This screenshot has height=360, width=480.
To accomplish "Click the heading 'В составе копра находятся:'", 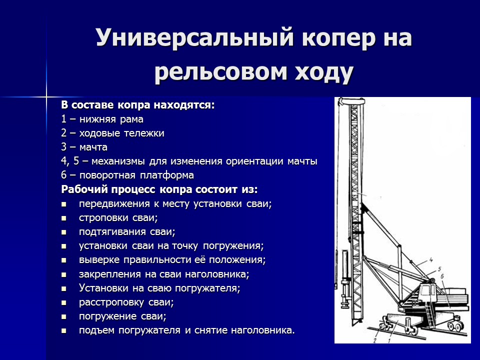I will click(138, 105).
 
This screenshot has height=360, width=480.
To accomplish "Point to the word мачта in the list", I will click(93, 147).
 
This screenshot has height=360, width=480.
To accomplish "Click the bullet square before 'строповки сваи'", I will click(64, 218).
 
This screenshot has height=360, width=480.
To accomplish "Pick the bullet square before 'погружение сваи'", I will click(64, 317).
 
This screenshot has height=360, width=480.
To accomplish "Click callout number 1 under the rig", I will click(388, 340).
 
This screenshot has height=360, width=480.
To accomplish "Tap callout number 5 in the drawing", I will click(440, 270).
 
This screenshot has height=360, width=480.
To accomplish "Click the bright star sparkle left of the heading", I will click(46, 95).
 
